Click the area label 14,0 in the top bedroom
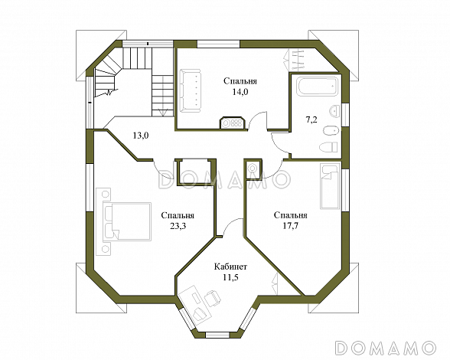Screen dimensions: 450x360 [240, 92]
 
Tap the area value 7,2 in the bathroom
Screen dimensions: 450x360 [311, 119]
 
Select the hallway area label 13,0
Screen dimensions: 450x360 [140, 135]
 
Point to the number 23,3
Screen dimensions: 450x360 [178, 226]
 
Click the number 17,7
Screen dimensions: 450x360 [291, 226]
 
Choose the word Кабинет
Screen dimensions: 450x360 [231, 267]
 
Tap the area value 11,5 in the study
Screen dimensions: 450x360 [231, 277]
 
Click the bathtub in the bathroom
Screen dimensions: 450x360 [318, 86]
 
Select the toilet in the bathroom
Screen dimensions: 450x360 [328, 147]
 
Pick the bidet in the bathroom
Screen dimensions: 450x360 [331, 131]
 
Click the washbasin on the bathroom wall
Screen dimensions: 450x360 [334, 111]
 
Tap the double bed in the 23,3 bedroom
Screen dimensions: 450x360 [127, 221]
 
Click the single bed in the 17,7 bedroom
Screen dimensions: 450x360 [331, 186]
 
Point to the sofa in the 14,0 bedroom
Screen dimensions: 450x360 [191, 91]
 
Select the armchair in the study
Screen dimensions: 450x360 [213, 298]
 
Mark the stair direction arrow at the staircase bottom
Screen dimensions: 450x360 [163, 113]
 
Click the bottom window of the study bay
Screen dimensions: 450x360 [217, 335]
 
